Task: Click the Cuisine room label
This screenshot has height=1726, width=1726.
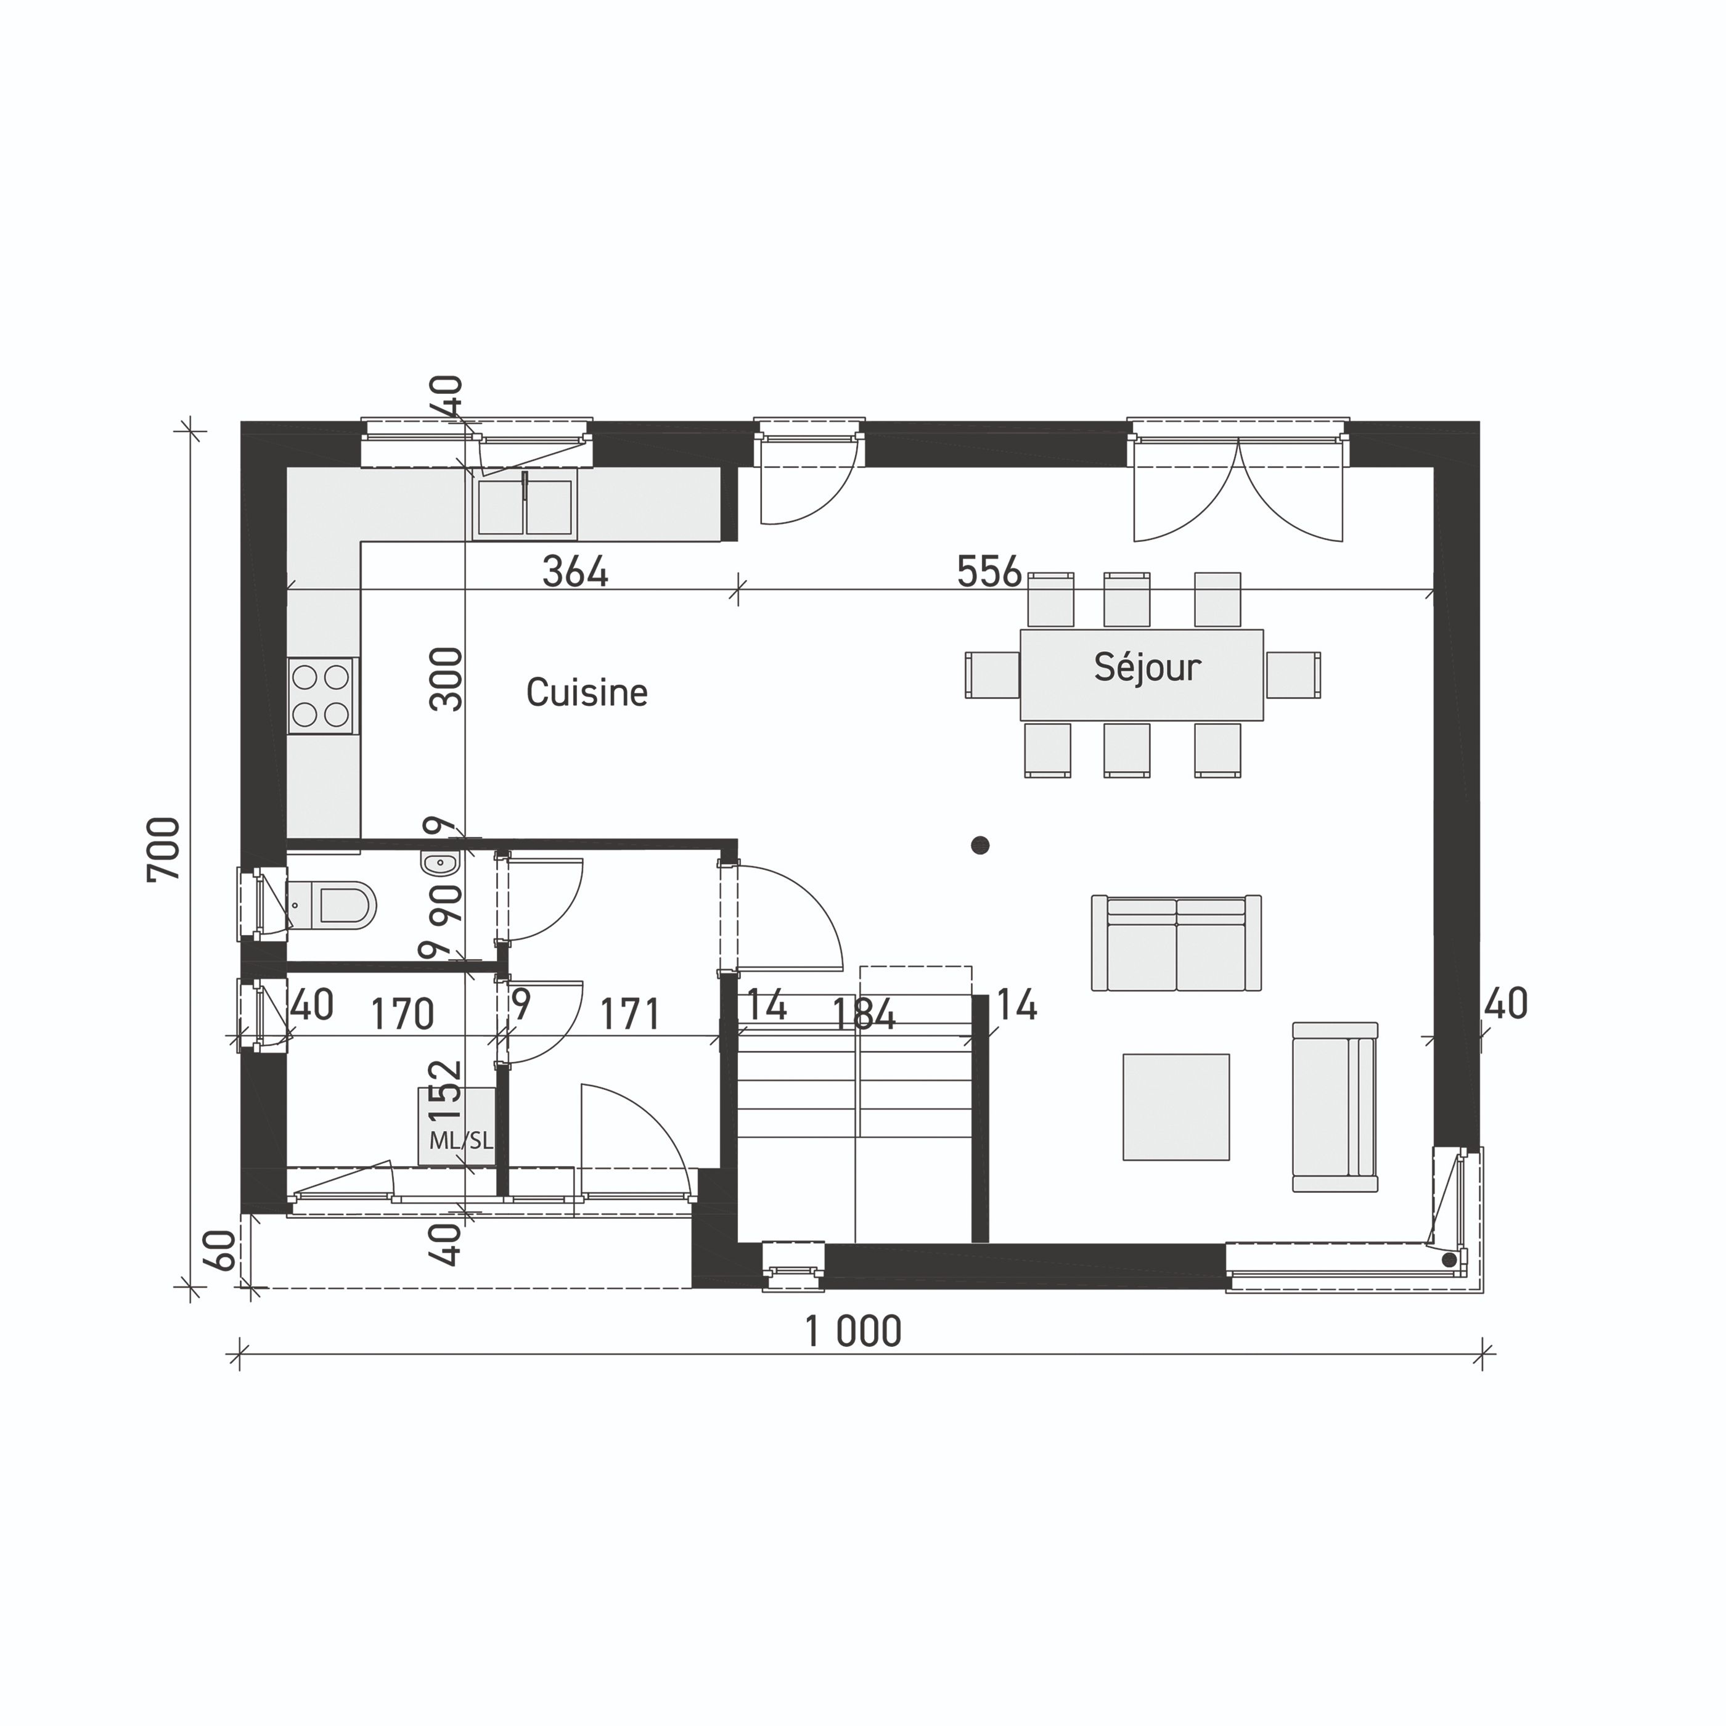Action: coord(586,692)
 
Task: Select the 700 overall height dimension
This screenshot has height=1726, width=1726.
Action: coord(165,849)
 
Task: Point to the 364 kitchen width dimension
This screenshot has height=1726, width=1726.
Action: coord(575,572)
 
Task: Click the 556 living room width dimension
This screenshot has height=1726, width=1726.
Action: coord(988,572)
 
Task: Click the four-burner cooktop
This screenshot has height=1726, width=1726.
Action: coord(322,696)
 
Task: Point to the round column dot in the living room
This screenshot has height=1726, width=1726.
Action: coord(980,845)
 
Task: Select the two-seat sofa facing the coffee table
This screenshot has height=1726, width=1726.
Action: coord(1176,943)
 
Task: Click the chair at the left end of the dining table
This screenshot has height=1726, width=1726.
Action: coord(992,674)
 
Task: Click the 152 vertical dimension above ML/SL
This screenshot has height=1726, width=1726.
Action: coord(445,1090)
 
